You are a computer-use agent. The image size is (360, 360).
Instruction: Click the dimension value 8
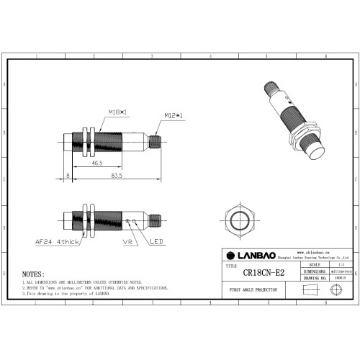(x=68, y=175)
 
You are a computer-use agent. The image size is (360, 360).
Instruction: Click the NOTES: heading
(x=33, y=274)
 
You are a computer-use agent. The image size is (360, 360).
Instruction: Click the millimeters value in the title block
(x=339, y=271)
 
